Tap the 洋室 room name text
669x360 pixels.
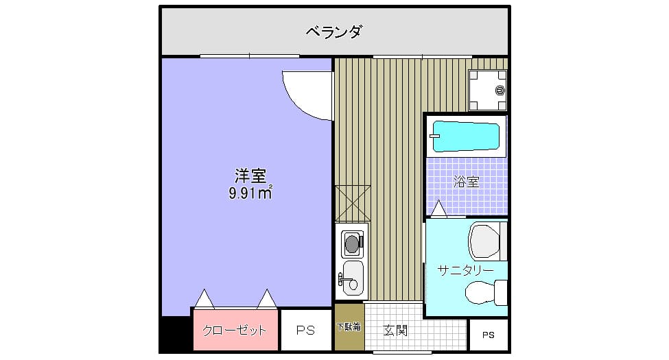[x=250, y=176]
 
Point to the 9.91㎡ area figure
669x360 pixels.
[x=250, y=193]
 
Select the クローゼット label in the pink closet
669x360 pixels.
[x=234, y=331]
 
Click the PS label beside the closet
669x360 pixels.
[x=305, y=331]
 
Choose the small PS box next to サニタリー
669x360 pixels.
[x=488, y=335]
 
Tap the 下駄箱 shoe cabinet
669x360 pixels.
[x=349, y=327]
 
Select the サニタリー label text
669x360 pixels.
[x=465, y=270]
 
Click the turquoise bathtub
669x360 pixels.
[x=467, y=136]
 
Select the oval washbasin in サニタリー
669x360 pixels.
[x=484, y=293]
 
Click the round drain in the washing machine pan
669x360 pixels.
[x=499, y=90]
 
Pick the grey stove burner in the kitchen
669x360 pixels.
[x=352, y=242]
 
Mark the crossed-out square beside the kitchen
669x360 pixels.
[x=353, y=203]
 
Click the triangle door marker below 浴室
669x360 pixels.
[x=438, y=208]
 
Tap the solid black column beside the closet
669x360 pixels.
[x=175, y=335]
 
